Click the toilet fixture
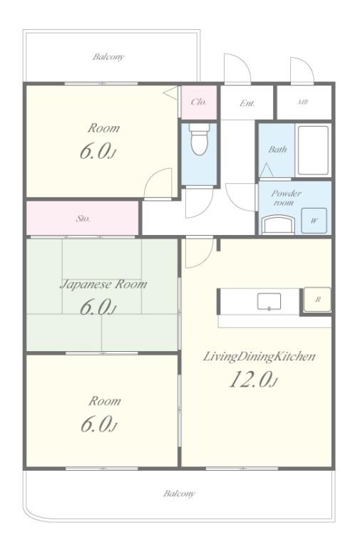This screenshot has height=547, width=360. pos(199,140)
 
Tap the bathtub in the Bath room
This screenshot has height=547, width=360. pos(312,150)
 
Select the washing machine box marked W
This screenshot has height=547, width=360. pos(313,221)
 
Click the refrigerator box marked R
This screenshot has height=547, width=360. pos(317,300)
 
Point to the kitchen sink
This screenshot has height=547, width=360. pos(269,301)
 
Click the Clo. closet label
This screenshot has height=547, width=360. pos(199,102)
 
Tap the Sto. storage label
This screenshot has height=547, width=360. pos(83,218)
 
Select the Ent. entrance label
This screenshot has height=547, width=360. pos(247,103)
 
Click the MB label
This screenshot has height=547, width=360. pos(303,103)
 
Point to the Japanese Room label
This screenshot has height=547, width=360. pos(103,283)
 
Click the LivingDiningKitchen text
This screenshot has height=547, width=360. pos(259,356)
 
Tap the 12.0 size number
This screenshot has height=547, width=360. pos(251,380)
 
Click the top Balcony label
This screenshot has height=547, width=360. pos(108,56)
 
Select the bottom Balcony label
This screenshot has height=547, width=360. pos(179,493)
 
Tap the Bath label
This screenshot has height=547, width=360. pos(277,150)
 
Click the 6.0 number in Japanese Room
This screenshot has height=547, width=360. pos(96,307)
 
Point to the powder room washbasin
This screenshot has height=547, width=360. pos(278,225)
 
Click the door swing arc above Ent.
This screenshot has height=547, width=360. pos(237,68)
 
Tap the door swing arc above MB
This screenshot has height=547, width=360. pos(302,70)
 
